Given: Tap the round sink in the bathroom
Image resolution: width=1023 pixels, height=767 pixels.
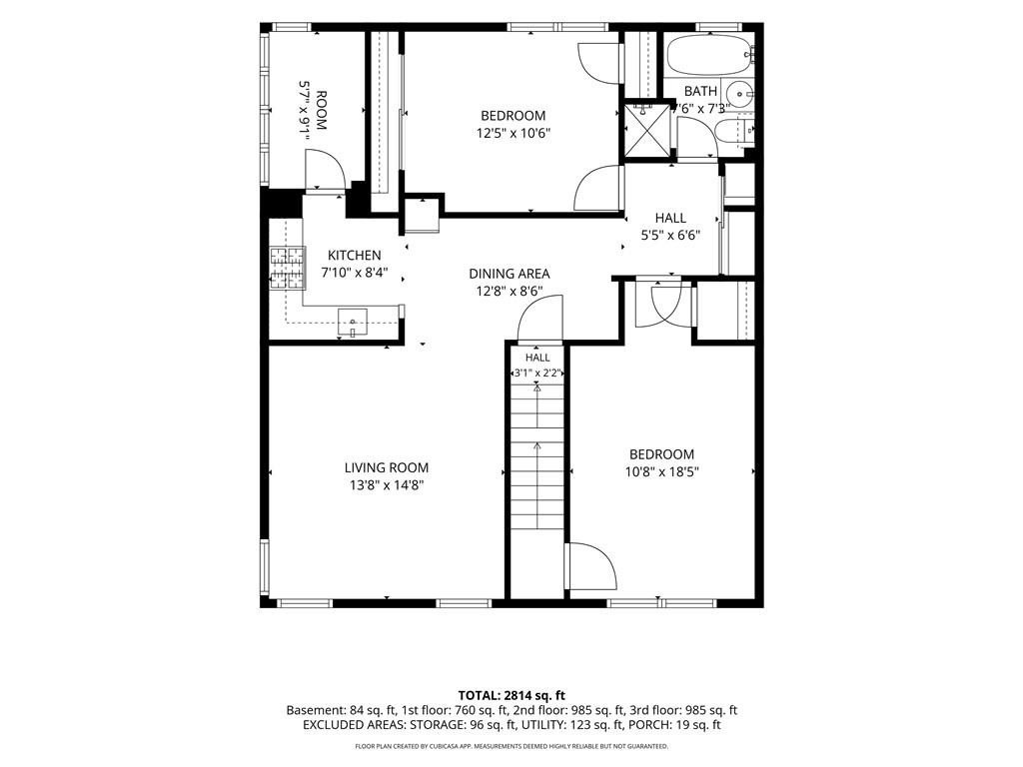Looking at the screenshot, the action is coord(739,92).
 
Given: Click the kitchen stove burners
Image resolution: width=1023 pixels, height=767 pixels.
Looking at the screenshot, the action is coord(288,268).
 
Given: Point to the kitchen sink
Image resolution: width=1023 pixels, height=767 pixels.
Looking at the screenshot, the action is coord(353,323).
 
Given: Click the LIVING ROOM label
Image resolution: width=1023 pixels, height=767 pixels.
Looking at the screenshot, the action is coord(387,467).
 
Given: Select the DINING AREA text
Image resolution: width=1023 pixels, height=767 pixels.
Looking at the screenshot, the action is coord(510,274).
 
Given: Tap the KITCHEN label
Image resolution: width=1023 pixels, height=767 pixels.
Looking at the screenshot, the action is coord(355,255).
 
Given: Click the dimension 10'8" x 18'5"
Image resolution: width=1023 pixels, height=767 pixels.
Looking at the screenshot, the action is coord(661,471).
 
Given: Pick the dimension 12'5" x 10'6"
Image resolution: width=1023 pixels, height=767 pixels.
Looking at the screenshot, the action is coord(513,133).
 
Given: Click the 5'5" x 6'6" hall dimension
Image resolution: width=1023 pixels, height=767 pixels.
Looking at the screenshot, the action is coord(670,235).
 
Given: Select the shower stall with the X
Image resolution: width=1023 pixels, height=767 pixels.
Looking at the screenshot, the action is coord(647,131).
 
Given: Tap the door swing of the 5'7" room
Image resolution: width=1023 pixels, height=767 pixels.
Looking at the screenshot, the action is coord(325,170).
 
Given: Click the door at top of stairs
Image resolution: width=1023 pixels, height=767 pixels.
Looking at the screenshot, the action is coord(540,318).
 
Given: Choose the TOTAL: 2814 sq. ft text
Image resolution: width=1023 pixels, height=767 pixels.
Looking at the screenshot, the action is coord(511,695).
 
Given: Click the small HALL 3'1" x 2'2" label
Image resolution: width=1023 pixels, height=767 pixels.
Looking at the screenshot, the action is coord(537,366).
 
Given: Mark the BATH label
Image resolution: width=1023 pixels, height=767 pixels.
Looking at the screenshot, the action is coord(700,91).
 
